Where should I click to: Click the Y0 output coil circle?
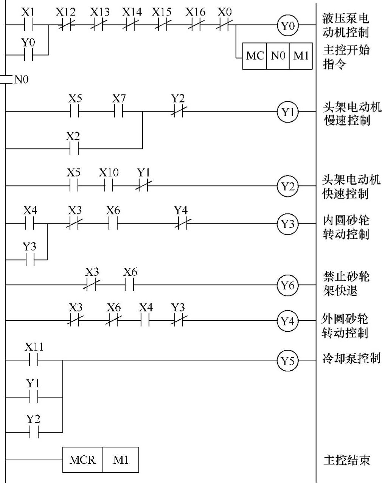tap(288, 26)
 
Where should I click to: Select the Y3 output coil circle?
tap(288, 224)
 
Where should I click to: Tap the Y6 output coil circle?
tap(288, 285)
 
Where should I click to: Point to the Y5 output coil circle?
tap(288, 360)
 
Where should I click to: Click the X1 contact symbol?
tap(28, 26)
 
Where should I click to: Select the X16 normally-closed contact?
tap(195, 26)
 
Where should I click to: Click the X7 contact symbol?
tap(118, 112)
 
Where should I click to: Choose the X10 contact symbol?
tap(109, 186)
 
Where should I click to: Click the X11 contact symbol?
tap(34, 360)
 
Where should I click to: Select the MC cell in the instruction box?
tap(255, 56)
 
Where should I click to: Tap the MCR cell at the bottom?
tap(83, 460)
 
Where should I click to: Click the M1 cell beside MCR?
tap(121, 460)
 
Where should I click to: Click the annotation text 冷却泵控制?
tap(351, 358)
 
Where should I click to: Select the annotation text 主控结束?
tap(346, 460)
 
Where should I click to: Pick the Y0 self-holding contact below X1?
tap(28, 55)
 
